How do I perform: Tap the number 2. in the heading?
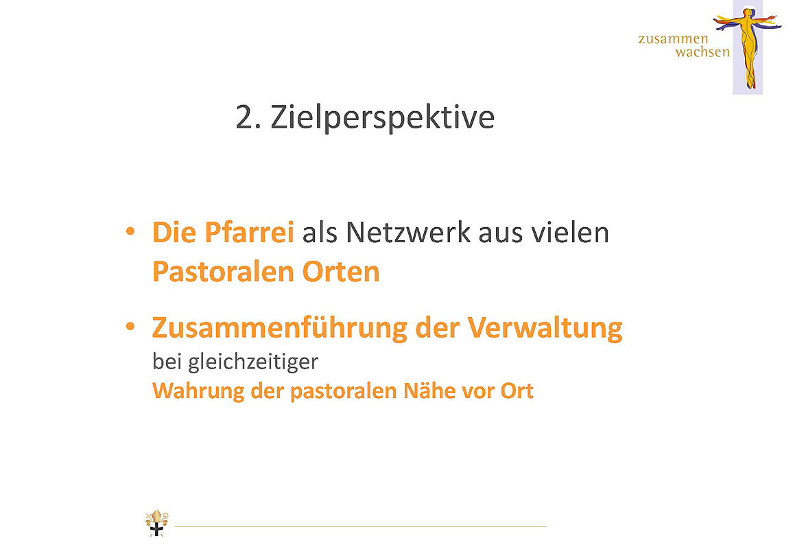[248, 117]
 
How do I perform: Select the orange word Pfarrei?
[249, 232]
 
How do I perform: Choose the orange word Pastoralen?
[223, 272]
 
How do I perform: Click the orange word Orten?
[341, 272]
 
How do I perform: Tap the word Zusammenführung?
[279, 328]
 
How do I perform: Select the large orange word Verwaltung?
[545, 328]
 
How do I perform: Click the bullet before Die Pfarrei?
[130, 232]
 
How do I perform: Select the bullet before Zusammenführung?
[130, 327]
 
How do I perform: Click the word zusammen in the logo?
[673, 39]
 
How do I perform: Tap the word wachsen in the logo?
[702, 51]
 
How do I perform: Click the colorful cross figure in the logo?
[748, 47]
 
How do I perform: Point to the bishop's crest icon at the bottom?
[157, 523]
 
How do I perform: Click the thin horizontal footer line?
[361, 527]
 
